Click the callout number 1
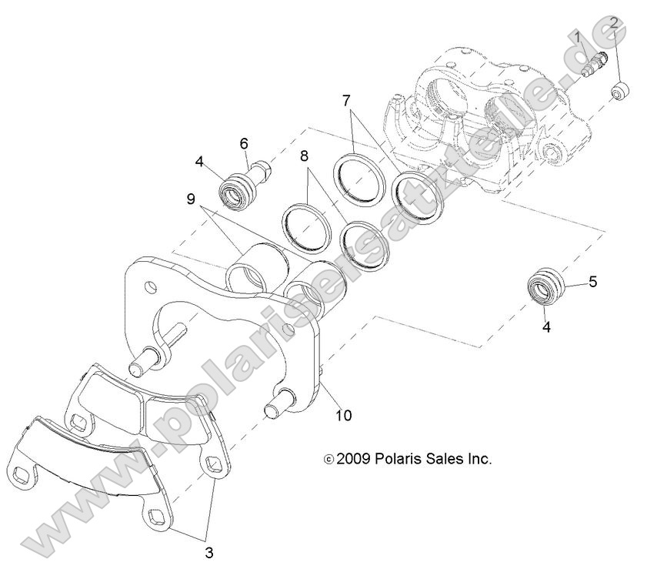pos(577,36)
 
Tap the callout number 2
pos(614,24)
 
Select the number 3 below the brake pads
pos(210,551)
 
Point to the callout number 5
pos(592,282)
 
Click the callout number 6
pos(244,142)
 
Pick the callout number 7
pos(346,100)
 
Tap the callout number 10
pos(343,415)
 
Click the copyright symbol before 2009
pos(329,460)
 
